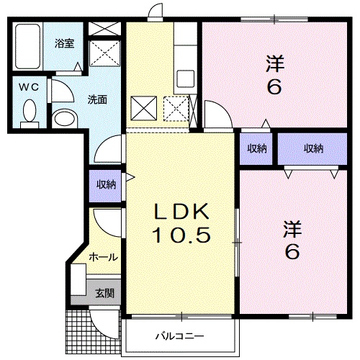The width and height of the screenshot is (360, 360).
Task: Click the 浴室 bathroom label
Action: click(65, 43)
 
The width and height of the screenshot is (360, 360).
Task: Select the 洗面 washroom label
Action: click(98, 100)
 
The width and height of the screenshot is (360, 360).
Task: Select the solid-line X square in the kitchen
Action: click(143, 109)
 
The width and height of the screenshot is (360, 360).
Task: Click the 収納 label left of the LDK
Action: click(107, 184)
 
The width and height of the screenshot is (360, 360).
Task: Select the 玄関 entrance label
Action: click(104, 293)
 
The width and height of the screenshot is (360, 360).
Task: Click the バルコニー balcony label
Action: click(179, 336)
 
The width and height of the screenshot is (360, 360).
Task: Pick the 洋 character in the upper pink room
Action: click(275, 64)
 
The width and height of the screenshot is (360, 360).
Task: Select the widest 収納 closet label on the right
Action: click(312, 149)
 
